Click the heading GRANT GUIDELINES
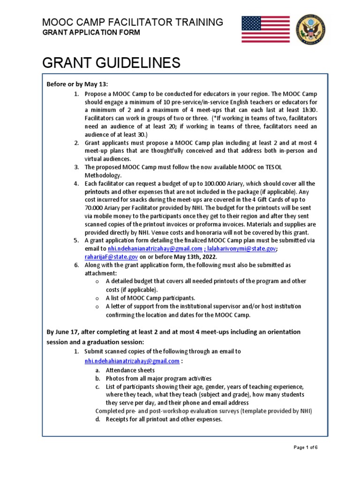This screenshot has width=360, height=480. click(x=111, y=63)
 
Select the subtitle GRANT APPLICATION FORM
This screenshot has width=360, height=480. click(x=91, y=32)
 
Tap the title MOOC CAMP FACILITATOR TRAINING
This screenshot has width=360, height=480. click(x=133, y=22)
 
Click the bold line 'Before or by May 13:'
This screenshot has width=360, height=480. click(x=77, y=84)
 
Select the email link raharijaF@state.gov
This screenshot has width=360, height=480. click(x=111, y=257)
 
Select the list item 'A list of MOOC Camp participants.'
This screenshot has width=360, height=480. click(x=150, y=298)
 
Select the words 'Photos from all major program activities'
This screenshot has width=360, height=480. click(x=158, y=378)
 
